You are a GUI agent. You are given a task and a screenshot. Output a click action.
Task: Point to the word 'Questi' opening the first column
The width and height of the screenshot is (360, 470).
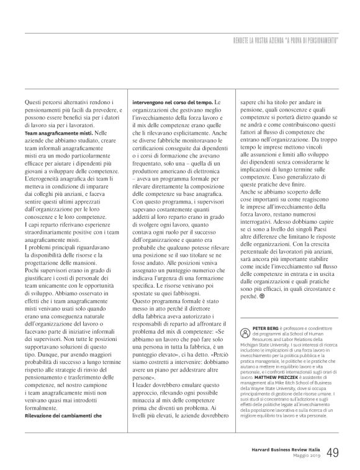tap(34, 100)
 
